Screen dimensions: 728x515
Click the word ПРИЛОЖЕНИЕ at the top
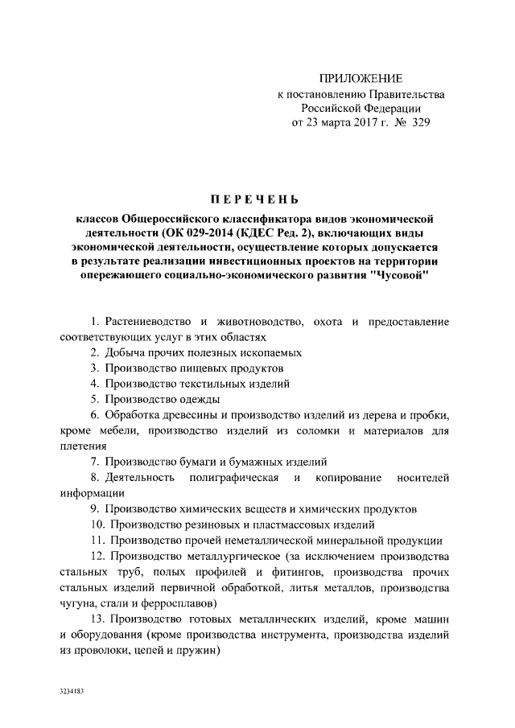click(360, 78)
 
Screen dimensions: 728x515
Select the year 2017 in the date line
click(359, 124)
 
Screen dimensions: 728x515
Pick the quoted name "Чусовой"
click(403, 276)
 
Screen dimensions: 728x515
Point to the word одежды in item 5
click(196, 399)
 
